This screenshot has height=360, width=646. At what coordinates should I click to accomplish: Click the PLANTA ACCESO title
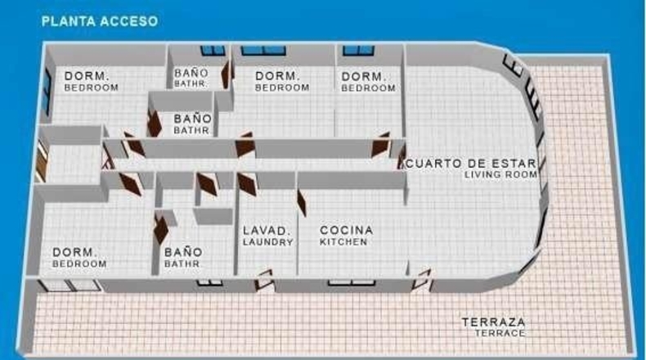[100, 21]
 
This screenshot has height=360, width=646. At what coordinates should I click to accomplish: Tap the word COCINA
[347, 230]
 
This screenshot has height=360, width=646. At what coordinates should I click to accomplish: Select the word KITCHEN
[343, 242]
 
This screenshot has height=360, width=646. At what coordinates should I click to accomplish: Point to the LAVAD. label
[264, 231]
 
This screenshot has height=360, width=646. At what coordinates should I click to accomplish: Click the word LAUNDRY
[267, 242]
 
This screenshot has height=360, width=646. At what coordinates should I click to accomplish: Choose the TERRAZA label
[494, 322]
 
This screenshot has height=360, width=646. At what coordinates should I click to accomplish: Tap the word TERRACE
[500, 333]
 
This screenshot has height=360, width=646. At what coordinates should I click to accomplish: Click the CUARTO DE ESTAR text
[471, 164]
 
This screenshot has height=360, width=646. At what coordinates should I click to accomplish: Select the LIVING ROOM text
[501, 175]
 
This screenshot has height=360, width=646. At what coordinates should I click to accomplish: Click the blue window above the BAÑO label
[213, 50]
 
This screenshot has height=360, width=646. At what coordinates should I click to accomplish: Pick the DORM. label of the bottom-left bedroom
[74, 252]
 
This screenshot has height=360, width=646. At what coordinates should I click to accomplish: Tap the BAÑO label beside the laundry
[183, 252]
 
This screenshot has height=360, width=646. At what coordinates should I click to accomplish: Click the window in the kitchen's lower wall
[352, 283]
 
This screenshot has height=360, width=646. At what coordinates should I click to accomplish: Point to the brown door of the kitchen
[302, 202]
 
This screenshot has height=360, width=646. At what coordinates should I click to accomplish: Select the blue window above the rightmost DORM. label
[358, 50]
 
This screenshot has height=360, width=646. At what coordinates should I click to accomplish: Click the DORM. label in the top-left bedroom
[87, 76]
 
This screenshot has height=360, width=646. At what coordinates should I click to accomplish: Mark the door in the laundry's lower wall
[263, 280]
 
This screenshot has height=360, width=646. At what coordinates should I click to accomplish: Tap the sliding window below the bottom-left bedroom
[70, 286]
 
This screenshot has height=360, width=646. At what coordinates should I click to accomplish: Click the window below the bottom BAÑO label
[209, 283]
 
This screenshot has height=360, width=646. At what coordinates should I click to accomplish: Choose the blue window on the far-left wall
[47, 92]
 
